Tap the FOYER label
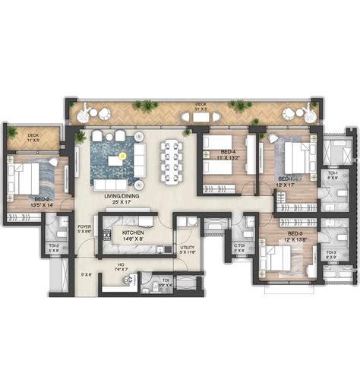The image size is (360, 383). point(84,227)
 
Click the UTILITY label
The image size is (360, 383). point(187,248)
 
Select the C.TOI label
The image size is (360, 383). point(238,246)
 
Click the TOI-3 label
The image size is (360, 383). point(330,254)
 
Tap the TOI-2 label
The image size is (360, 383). point(54,246)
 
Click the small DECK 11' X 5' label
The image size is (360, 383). point(33,138)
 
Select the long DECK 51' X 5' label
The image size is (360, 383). point(201,106)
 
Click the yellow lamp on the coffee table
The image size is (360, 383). point(115,159)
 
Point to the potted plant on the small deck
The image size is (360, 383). point(11,132)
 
